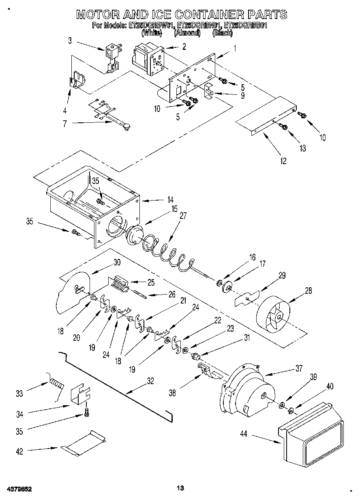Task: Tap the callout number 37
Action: (x=299, y=369)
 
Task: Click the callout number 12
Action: (x=283, y=161)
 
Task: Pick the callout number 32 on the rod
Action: (x=150, y=380)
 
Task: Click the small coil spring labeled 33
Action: (x=56, y=383)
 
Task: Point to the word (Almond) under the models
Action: (x=187, y=33)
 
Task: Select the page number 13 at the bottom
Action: (x=181, y=487)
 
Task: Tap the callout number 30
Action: (x=117, y=262)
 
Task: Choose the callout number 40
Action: (x=330, y=387)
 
